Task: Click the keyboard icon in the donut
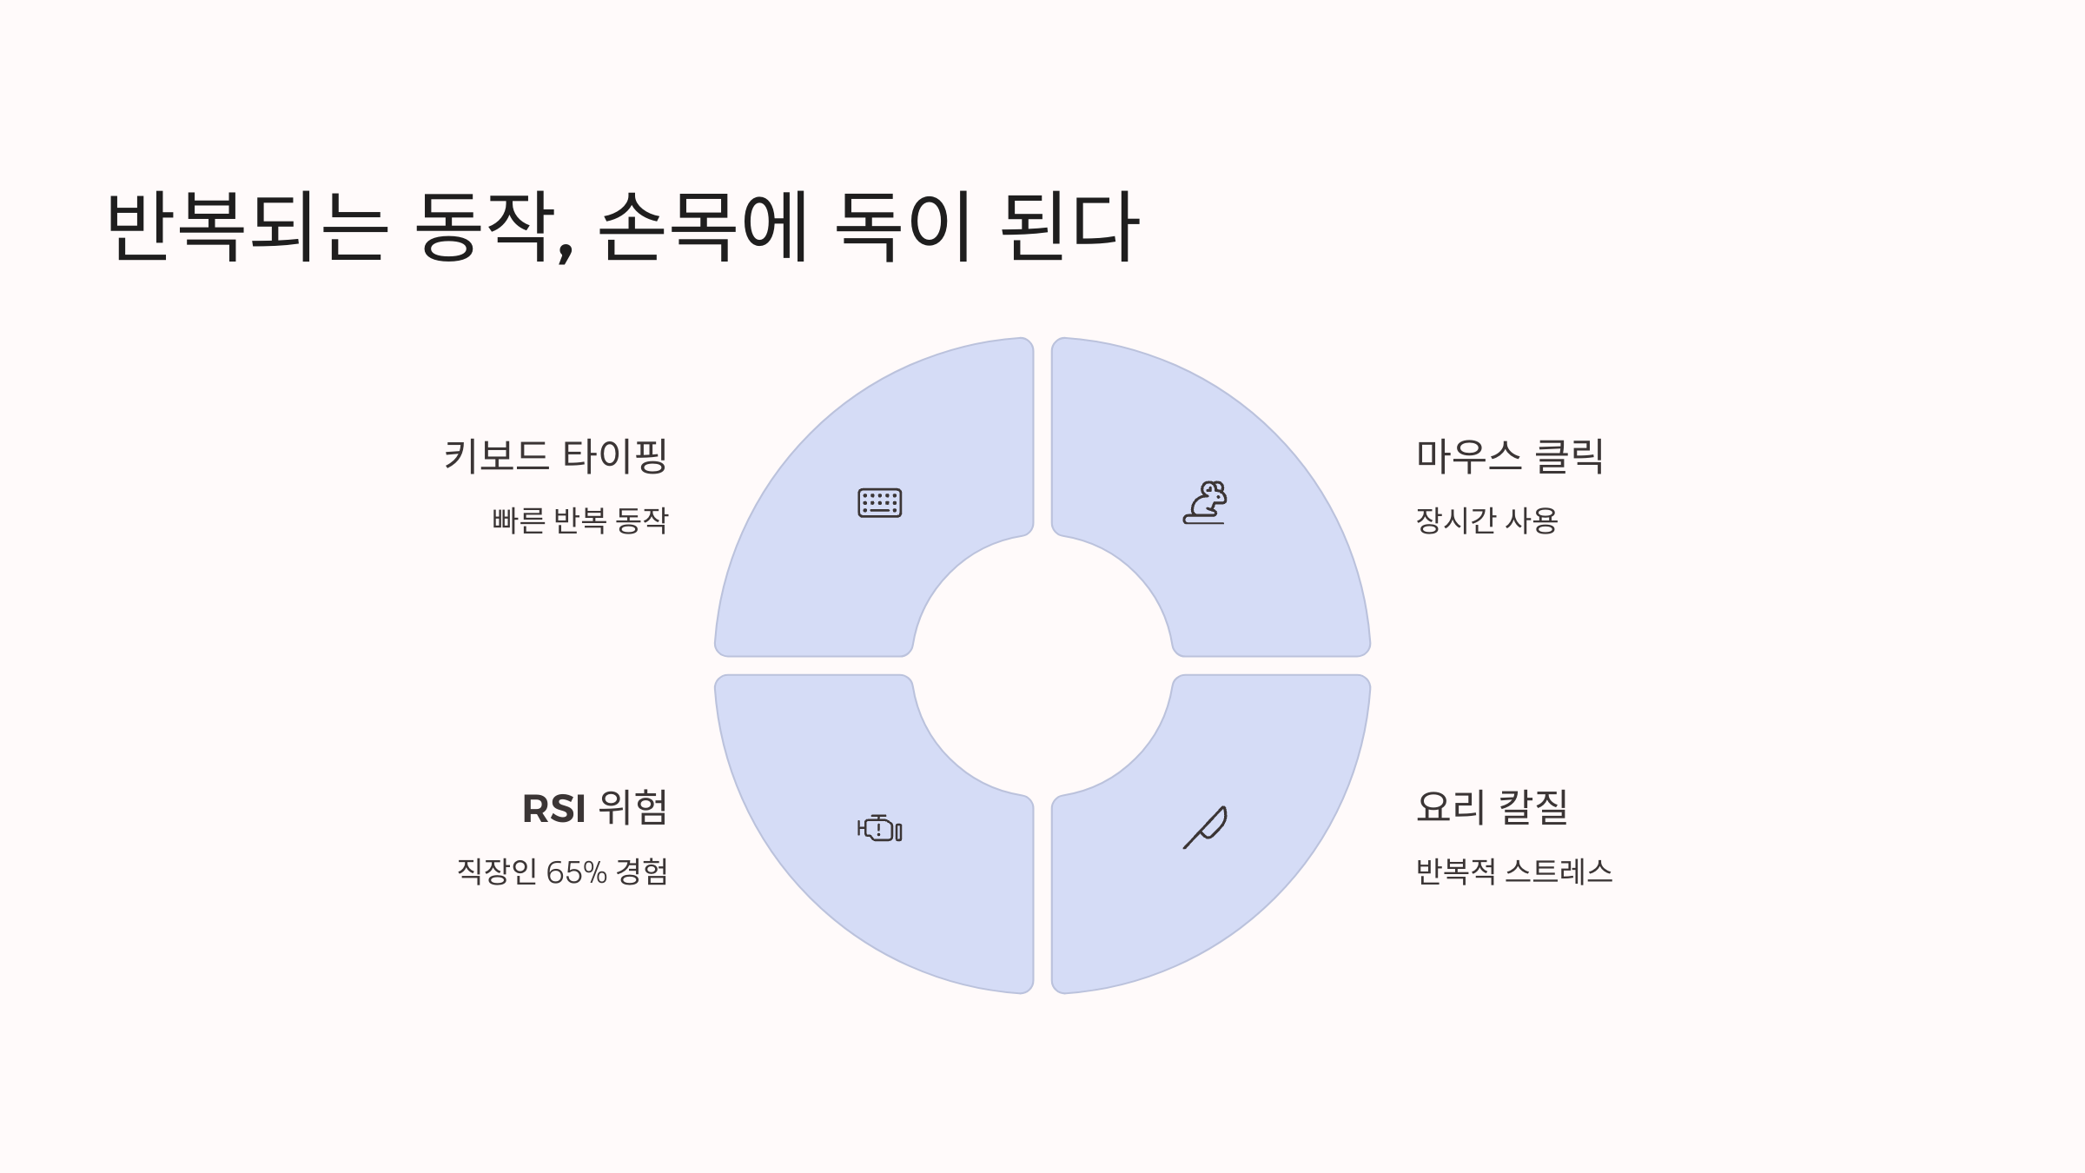point(879,503)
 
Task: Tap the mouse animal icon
point(1205,503)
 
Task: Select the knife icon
point(1205,827)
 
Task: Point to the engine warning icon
point(879,829)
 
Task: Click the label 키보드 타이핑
point(555,456)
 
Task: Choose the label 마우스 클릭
point(1509,456)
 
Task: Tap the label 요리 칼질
point(1492,807)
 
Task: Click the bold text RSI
point(553,809)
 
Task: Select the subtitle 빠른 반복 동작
point(579,520)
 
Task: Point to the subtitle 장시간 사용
point(1486,520)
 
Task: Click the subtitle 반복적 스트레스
point(1513,871)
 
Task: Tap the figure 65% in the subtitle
point(576,872)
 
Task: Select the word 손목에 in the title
point(704,226)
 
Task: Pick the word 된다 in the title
point(1069,226)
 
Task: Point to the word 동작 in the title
point(484,226)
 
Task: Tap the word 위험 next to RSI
point(633,808)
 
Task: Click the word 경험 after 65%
point(642,871)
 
